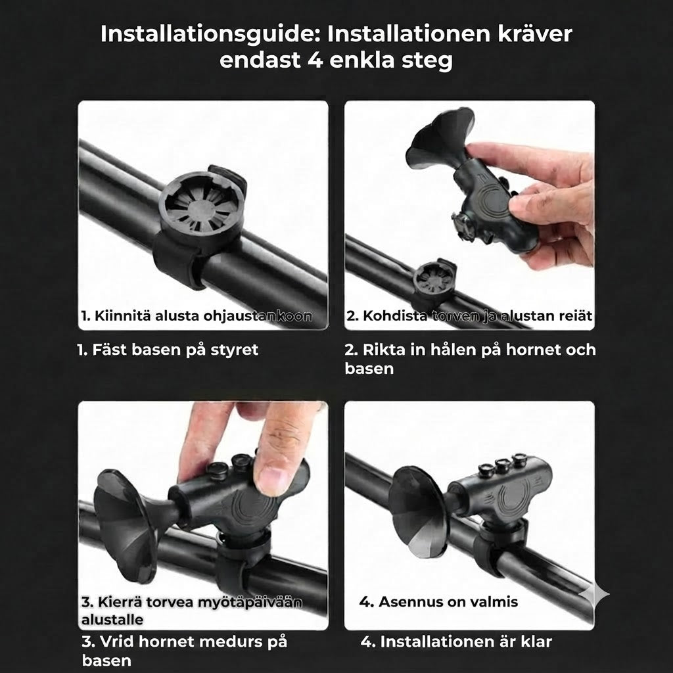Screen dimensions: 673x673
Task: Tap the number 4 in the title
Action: tap(315, 60)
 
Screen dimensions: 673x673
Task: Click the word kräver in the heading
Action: tap(535, 34)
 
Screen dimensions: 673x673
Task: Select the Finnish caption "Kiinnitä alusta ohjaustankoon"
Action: tap(197, 316)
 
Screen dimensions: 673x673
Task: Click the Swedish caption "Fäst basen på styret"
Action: tap(168, 350)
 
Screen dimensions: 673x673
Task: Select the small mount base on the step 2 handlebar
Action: tap(434, 280)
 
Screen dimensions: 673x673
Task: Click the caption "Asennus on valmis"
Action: tap(438, 602)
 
